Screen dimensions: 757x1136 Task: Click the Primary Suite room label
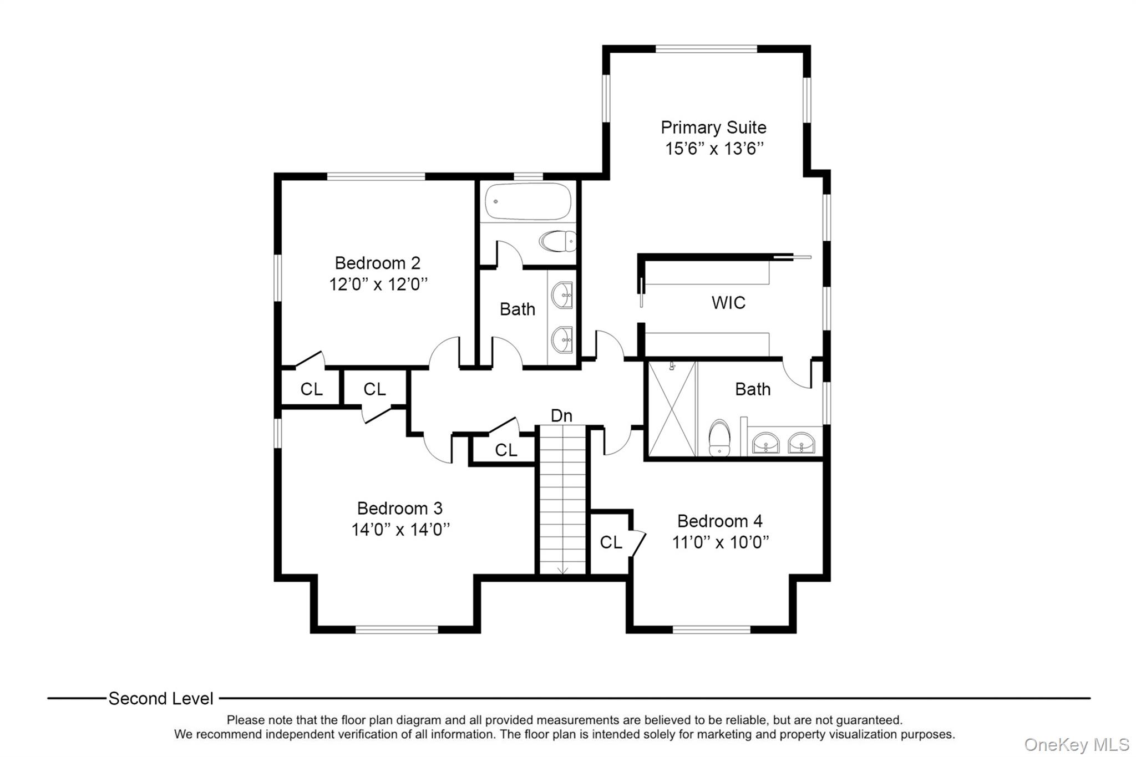click(x=713, y=128)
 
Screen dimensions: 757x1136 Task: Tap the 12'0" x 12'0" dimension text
click(x=378, y=284)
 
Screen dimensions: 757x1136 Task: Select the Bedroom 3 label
click(x=399, y=508)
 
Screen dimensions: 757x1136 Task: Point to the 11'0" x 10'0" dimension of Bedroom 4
click(x=720, y=542)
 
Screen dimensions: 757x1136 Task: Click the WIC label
click(x=728, y=303)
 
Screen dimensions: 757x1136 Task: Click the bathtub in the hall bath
click(x=528, y=202)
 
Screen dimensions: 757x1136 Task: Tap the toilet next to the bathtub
click(x=557, y=241)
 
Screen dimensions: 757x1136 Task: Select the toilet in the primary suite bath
click(x=719, y=438)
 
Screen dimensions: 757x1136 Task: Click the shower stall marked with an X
click(x=672, y=409)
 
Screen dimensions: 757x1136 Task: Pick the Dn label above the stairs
click(x=561, y=415)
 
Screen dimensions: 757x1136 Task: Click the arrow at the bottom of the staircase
click(x=562, y=570)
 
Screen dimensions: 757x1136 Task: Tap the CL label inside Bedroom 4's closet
click(x=611, y=542)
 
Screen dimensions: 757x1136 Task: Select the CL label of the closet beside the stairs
click(x=505, y=450)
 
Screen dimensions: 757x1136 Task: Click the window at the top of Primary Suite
click(x=706, y=49)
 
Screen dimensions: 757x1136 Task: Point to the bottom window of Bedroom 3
click(x=397, y=629)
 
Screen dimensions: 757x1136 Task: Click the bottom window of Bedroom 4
click(x=711, y=629)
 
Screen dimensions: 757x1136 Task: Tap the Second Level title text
click(x=161, y=699)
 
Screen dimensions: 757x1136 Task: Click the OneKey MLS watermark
click(x=1076, y=744)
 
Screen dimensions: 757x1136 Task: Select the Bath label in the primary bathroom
click(x=752, y=389)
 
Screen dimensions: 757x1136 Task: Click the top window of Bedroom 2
click(x=376, y=176)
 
